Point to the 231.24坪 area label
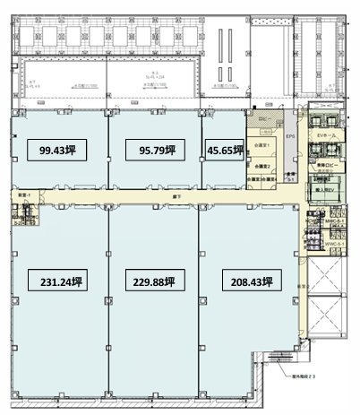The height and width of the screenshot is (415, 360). (62, 281)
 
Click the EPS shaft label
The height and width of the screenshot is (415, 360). (290, 135)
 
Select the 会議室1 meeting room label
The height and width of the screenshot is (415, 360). (261, 146)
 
